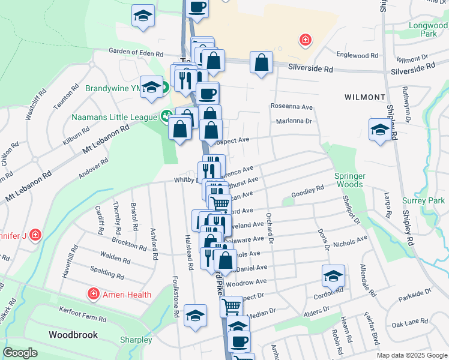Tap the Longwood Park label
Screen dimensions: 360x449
(428, 30)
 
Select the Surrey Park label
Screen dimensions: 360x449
(427, 200)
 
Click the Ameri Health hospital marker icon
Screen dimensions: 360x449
(93, 294)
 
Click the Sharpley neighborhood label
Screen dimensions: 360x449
(136, 340)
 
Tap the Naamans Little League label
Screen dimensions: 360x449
(115, 116)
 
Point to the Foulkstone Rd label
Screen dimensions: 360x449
(176, 296)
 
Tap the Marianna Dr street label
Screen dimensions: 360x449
(294, 121)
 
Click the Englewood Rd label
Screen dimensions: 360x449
(357, 55)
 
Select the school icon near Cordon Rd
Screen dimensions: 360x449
(333, 275)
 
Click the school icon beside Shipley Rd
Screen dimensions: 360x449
(379, 129)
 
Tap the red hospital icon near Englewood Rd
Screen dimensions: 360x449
(306, 40)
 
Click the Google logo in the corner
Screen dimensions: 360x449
(20, 353)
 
